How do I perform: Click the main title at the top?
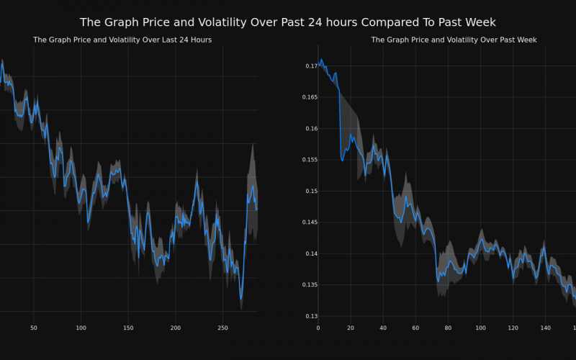[x=288, y=22]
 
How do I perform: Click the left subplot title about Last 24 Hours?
[x=122, y=40]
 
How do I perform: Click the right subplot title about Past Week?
[x=454, y=40]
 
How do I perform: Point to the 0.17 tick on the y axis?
[x=310, y=66]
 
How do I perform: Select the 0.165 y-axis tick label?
[x=308, y=97]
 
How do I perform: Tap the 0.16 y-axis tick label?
[x=310, y=129]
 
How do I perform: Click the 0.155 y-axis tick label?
[x=308, y=160]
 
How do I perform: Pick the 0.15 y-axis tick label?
[x=310, y=192]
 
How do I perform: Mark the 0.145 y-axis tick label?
[x=308, y=222]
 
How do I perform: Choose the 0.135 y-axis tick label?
[x=308, y=285]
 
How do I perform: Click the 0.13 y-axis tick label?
[x=310, y=317]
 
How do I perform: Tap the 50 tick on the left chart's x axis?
[x=34, y=328]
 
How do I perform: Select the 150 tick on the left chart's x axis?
[x=128, y=328]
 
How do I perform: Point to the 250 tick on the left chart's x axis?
[x=222, y=328]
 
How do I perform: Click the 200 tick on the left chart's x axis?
[x=176, y=328]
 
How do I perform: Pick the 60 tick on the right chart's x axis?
[x=415, y=328]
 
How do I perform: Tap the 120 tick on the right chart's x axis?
[x=513, y=328]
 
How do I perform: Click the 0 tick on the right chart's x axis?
[x=318, y=328]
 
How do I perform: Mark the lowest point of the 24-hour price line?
[x=241, y=300]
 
